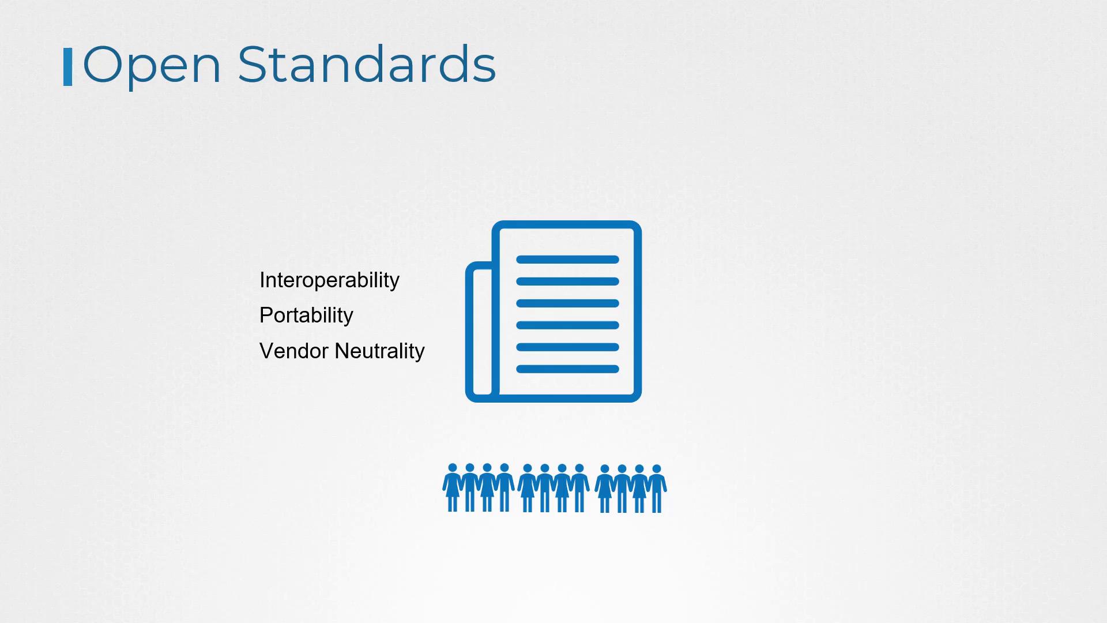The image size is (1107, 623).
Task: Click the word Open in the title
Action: pyautogui.click(x=152, y=66)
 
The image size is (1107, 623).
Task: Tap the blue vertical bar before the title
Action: pyautogui.click(x=67, y=67)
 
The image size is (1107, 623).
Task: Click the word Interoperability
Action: pyautogui.click(x=329, y=280)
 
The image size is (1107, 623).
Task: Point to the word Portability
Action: pyautogui.click(x=306, y=316)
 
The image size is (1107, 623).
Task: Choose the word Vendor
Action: pyautogui.click(x=294, y=351)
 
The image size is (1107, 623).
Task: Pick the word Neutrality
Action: pyautogui.click(x=379, y=351)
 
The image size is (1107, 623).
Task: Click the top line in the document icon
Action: pyautogui.click(x=567, y=260)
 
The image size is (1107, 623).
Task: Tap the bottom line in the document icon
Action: pyautogui.click(x=567, y=369)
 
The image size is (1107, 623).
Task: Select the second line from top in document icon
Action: pyautogui.click(x=567, y=282)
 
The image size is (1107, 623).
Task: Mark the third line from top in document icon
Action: pyautogui.click(x=567, y=303)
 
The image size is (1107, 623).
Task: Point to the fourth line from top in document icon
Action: pyautogui.click(x=567, y=325)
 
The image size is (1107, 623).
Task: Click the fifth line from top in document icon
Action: pyautogui.click(x=567, y=347)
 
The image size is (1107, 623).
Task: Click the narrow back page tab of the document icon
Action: pyautogui.click(x=469, y=332)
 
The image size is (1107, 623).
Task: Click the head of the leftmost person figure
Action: pyautogui.click(x=453, y=468)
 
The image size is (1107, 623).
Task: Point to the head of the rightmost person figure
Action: pyautogui.click(x=656, y=469)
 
